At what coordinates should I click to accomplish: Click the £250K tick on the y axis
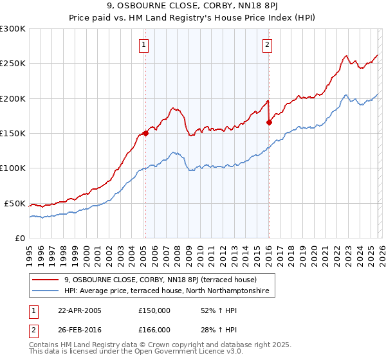pyautogui.click(x=13, y=64)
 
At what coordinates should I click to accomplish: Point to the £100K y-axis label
pyautogui.click(x=13, y=168)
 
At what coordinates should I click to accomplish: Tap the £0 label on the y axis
pyautogui.click(x=21, y=238)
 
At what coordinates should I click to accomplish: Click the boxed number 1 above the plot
pyautogui.click(x=143, y=44)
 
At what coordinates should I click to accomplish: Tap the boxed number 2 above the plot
pyautogui.click(x=266, y=44)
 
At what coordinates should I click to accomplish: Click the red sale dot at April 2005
pyautogui.click(x=145, y=134)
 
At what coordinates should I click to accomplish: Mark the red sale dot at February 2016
pyautogui.click(x=269, y=123)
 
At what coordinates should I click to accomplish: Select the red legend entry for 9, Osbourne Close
pyautogui.click(x=160, y=280)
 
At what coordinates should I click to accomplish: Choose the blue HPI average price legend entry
pyautogui.click(x=169, y=291)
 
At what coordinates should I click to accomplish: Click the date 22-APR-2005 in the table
pyautogui.click(x=80, y=310)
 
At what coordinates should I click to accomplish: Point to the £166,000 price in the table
pyautogui.click(x=154, y=329)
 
